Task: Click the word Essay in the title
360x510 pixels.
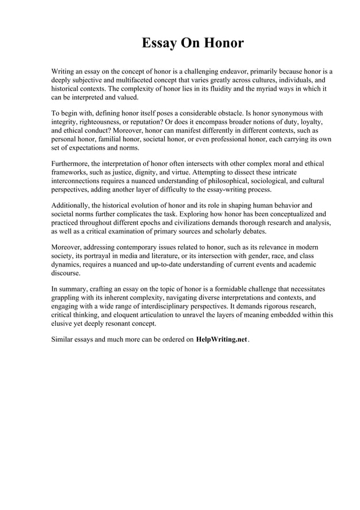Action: point(158,43)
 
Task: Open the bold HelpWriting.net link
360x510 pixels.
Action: point(222,339)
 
